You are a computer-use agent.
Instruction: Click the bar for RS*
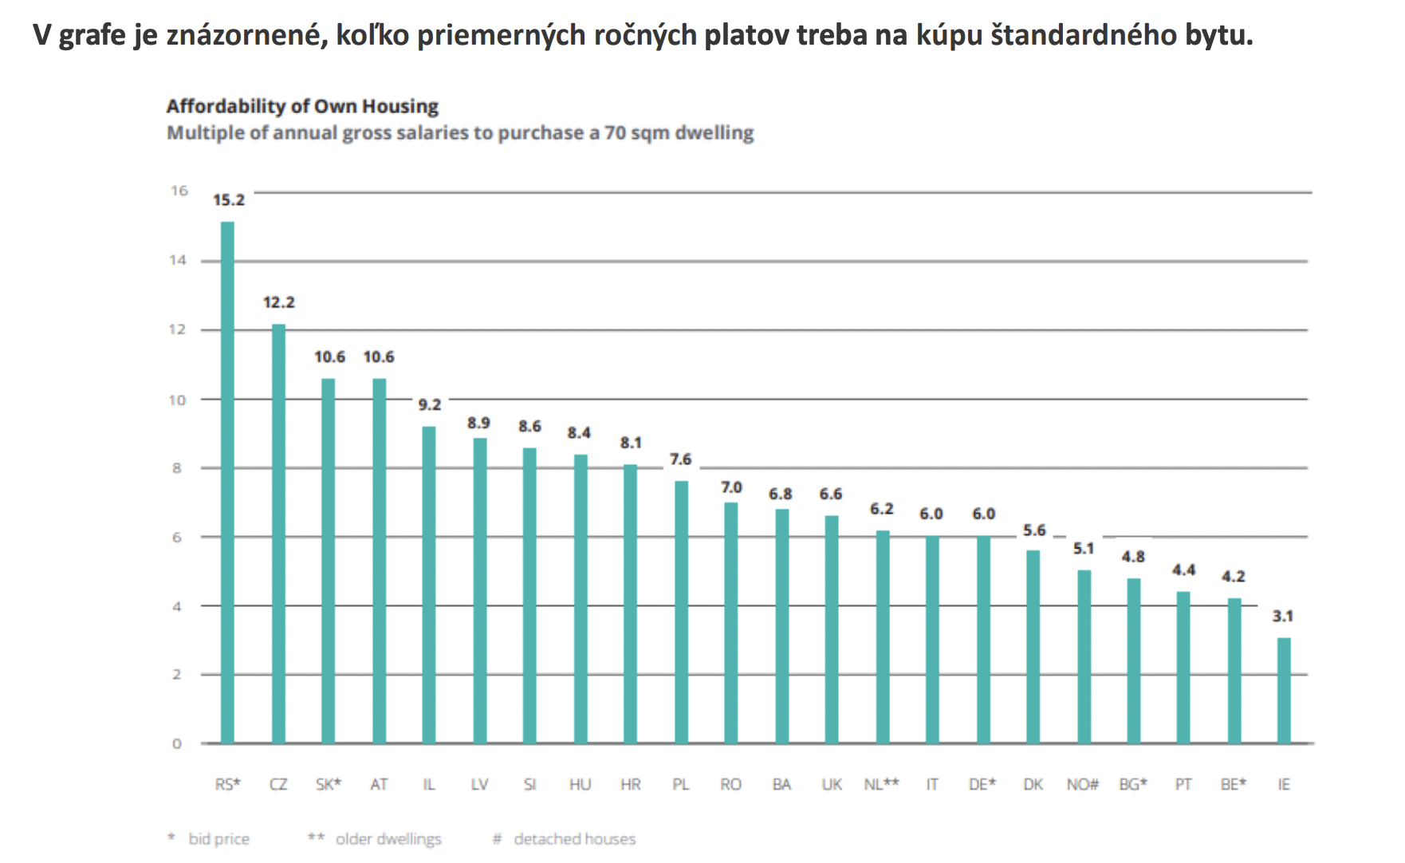pos(227,483)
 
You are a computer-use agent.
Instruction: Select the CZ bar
pos(278,534)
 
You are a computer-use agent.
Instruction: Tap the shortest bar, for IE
pos(1284,691)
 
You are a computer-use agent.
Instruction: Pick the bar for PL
pos(681,613)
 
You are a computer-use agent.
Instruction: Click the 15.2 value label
pos(229,200)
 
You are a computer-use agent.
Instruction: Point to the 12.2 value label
pos(279,302)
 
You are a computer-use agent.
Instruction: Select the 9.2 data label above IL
pos(430,404)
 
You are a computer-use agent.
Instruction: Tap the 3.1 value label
pos(1283,616)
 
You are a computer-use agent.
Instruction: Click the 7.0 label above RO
pos(731,487)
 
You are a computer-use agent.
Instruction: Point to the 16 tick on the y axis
pos(179,191)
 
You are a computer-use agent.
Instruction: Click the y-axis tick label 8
pos(177,468)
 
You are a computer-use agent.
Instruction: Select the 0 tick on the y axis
pos(177,744)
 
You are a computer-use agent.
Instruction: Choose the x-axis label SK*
pos(329,784)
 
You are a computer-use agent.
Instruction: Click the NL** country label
pos(882,784)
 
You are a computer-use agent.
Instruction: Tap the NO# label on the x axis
pos(1083,784)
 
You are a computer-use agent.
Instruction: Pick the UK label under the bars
pos(832,784)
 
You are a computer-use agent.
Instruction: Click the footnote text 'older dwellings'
pos(388,839)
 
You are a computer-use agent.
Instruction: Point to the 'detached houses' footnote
pos(575,839)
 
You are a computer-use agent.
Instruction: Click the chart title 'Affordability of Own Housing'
pos(302,106)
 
